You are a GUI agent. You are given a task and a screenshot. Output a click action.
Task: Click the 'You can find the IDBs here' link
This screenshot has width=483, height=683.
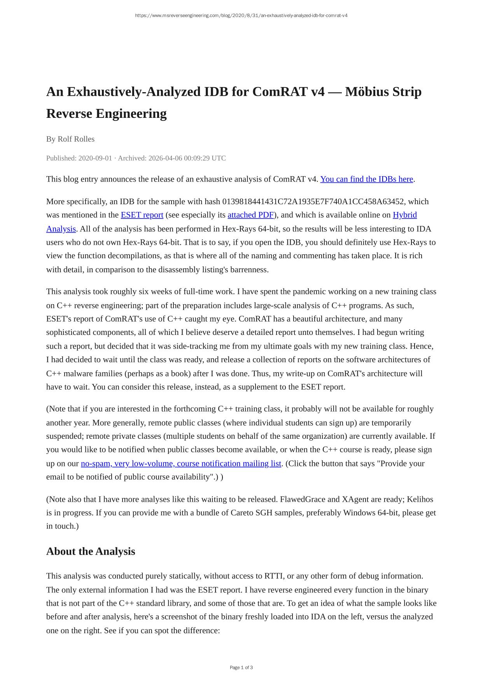[366, 179]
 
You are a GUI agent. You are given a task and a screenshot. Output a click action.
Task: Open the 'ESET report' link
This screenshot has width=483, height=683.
[142, 215]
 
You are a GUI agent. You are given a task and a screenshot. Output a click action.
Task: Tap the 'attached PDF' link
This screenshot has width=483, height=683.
[250, 215]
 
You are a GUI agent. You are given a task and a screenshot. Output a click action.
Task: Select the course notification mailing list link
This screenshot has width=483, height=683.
[181, 463]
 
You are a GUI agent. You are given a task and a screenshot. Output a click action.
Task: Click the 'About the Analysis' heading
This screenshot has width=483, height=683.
[91, 551]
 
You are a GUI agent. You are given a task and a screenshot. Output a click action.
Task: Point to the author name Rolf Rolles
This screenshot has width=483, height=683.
[76, 139]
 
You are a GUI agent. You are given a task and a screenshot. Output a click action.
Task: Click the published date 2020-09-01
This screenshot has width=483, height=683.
[95, 158]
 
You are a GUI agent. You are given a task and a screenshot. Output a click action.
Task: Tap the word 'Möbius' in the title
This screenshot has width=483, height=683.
[367, 92]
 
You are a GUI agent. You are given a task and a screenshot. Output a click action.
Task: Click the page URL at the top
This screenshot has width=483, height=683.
[241, 16]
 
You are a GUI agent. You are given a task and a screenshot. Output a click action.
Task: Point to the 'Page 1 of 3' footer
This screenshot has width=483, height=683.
[241, 667]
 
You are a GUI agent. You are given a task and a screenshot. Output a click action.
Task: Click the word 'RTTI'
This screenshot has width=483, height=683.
[275, 576]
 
